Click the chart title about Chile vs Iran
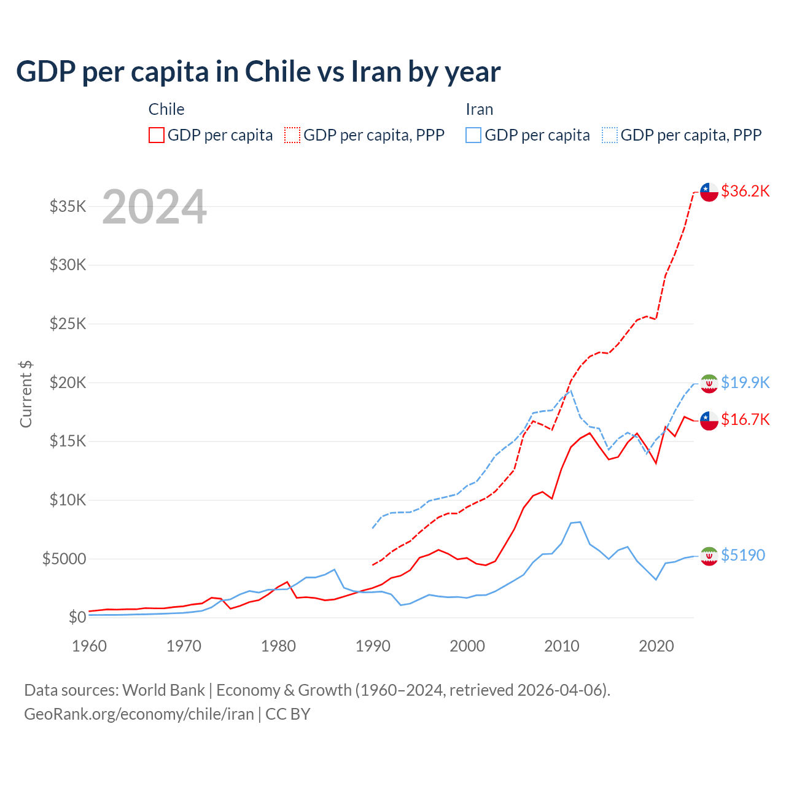(258, 72)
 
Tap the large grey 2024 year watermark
(154, 207)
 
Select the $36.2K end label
(745, 191)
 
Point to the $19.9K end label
(745, 383)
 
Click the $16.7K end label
(745, 419)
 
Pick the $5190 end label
(742, 555)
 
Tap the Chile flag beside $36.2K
(709, 192)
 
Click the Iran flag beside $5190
(709, 556)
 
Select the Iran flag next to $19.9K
(709, 383)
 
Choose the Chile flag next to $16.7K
(709, 421)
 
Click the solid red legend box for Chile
(157, 135)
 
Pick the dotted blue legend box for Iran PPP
(610, 135)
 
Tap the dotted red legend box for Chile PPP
(293, 135)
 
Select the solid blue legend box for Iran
(473, 135)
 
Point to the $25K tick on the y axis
(68, 324)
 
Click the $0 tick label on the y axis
(77, 617)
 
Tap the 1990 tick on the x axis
(373, 646)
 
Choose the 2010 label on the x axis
(562, 646)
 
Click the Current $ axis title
(26, 394)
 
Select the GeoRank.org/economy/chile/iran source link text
(139, 714)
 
